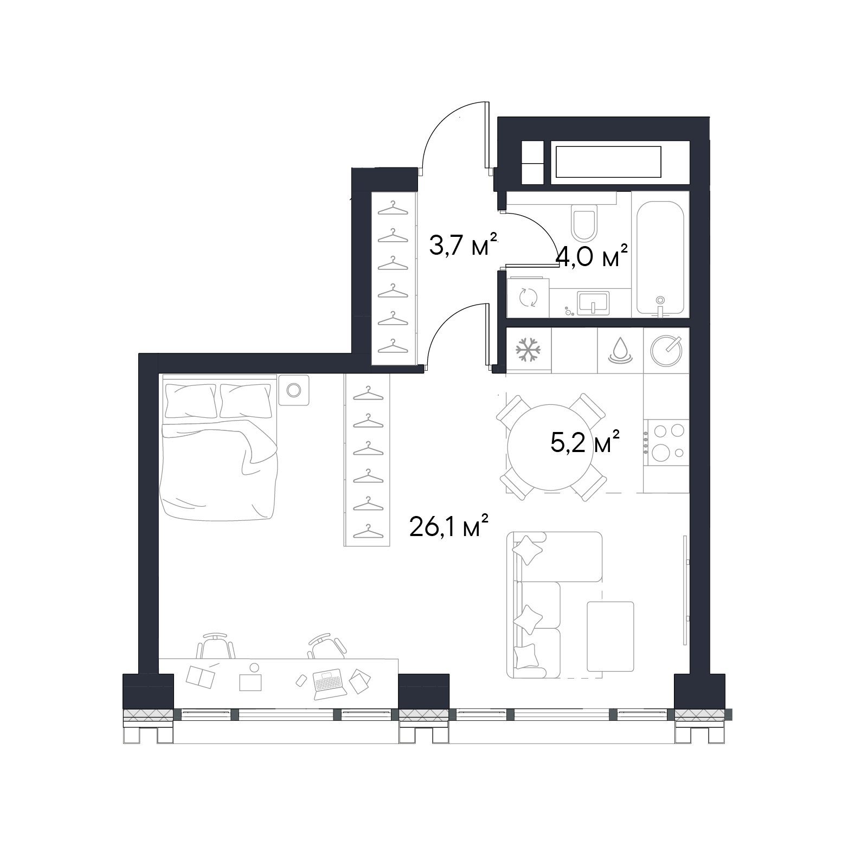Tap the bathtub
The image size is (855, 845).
tap(659, 257)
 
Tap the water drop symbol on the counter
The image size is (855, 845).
tap(620, 350)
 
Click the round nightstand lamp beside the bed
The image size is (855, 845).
tap(293, 390)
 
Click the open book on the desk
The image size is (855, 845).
tap(200, 678)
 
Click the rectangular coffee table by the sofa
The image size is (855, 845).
tap(610, 636)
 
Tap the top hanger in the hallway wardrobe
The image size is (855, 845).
tap(393, 208)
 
